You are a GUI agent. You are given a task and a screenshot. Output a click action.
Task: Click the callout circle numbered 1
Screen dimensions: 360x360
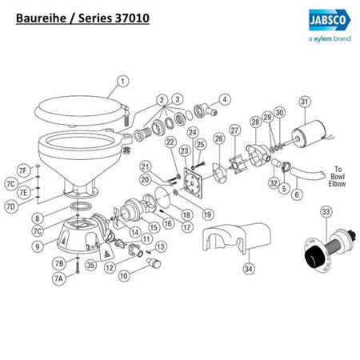coord(122,80)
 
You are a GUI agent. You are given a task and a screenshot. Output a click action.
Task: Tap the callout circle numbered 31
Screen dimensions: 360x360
coord(304,102)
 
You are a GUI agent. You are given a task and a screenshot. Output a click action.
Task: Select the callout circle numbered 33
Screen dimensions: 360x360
coord(325,212)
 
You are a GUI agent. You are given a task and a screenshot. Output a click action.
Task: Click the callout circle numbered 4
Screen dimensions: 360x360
coord(224,99)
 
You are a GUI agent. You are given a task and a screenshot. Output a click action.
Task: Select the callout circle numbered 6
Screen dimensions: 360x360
coord(297,194)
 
